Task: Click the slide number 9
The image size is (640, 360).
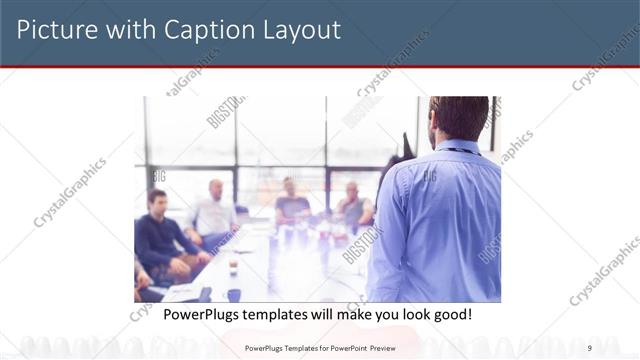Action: tap(590, 347)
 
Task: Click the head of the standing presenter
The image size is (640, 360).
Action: tap(459, 117)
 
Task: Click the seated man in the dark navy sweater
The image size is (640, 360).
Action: tap(160, 235)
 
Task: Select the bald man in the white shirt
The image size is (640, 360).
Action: tap(214, 212)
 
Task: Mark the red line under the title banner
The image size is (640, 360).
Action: tap(320, 67)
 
